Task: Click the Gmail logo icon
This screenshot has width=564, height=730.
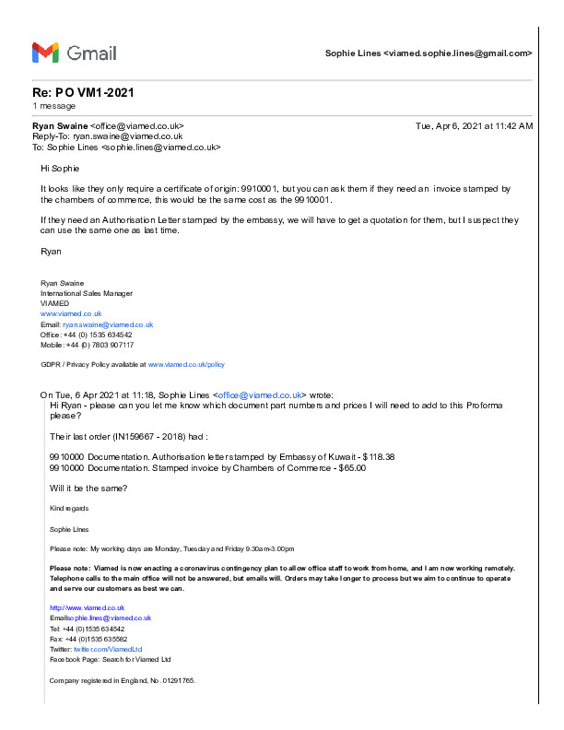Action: [x=45, y=53]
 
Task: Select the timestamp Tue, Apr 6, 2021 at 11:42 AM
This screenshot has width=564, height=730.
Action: [x=474, y=125]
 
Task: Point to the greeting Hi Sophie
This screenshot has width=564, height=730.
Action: [x=60, y=169]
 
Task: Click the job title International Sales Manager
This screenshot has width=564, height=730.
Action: [x=87, y=293]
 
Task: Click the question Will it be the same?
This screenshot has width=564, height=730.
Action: [x=88, y=488]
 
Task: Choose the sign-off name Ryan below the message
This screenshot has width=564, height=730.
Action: [x=52, y=251]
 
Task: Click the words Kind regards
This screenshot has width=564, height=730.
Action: [x=69, y=508]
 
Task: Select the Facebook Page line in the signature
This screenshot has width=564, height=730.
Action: [x=110, y=659]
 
